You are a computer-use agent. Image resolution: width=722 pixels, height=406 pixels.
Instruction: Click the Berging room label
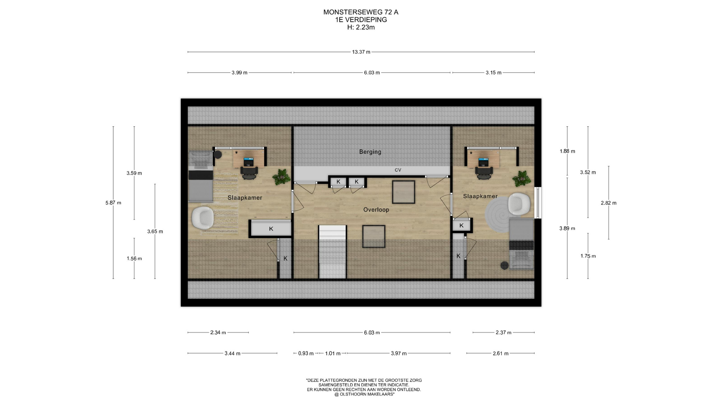coord(370,152)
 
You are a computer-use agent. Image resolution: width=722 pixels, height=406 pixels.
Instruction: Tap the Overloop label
coord(376,210)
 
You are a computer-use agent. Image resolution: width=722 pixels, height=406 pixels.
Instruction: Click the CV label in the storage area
coord(398,170)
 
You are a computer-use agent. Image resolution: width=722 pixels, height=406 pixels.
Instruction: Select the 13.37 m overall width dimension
coord(361,52)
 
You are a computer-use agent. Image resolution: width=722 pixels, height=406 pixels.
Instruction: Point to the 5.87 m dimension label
coord(113,203)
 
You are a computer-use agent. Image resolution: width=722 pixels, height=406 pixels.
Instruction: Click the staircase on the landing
coord(332,252)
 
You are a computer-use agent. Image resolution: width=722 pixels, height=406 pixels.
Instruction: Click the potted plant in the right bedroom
coord(522,179)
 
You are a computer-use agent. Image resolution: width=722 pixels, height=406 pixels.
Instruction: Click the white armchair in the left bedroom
coord(203,218)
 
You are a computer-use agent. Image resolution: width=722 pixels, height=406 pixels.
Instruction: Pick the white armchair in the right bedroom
coord(519,204)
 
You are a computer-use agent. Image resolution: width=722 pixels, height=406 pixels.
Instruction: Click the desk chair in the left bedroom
coord(249,173)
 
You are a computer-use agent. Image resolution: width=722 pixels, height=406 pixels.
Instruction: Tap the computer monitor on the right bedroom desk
coord(484,162)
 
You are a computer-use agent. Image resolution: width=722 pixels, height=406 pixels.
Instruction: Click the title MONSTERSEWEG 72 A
coord(361,12)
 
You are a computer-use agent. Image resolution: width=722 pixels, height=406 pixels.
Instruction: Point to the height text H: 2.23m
coord(361,27)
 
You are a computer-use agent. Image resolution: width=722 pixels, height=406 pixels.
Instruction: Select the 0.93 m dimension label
coord(306,353)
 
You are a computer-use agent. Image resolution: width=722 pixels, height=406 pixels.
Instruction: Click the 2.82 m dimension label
coord(609,203)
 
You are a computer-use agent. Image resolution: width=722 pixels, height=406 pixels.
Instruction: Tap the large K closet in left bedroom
coord(271,229)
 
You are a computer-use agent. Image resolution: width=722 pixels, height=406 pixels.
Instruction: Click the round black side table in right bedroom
coord(504,265)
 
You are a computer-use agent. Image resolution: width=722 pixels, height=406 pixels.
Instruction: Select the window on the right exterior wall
coord(538,203)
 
